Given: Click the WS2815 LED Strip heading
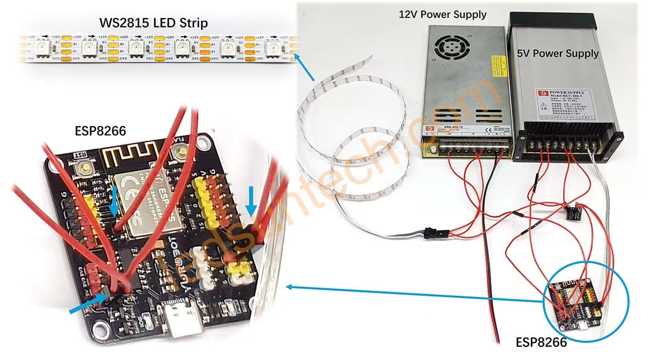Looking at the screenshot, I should [x=153, y=24].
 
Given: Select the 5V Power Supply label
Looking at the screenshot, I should [x=558, y=53].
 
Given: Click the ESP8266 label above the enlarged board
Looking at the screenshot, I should [x=101, y=132].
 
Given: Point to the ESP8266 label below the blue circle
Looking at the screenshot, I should [x=541, y=342].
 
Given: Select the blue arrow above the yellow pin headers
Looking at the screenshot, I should [x=251, y=201].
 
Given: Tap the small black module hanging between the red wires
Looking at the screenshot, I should [x=574, y=212].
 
